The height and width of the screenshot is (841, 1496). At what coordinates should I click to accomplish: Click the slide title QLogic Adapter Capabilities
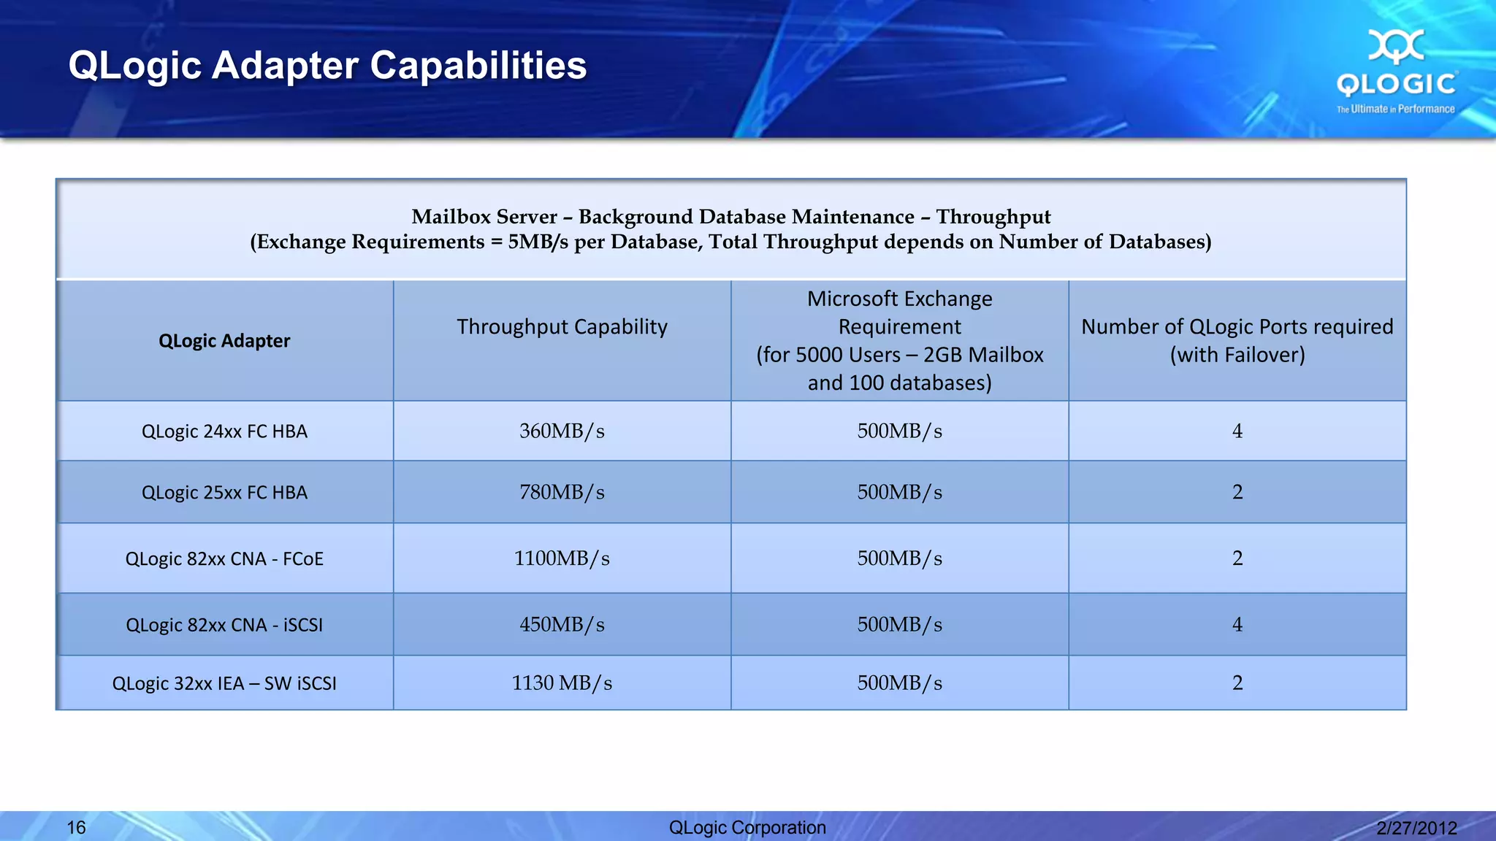(x=327, y=66)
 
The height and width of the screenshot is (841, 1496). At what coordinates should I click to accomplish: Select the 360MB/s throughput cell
(x=562, y=431)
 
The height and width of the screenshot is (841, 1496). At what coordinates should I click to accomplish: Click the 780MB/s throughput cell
(x=562, y=493)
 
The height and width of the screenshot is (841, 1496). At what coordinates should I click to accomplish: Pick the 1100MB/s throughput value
(x=562, y=558)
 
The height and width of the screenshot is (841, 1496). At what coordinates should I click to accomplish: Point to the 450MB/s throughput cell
(x=562, y=625)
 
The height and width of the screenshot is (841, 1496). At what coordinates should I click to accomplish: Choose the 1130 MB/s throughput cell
(x=562, y=683)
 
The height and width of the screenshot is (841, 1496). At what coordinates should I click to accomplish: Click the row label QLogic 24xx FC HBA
(x=224, y=431)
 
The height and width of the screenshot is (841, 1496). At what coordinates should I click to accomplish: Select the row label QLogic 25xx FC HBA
(x=224, y=493)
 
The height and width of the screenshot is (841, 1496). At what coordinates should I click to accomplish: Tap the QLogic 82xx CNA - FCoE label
(x=224, y=559)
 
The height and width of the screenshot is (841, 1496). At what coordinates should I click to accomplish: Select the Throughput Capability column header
(x=562, y=327)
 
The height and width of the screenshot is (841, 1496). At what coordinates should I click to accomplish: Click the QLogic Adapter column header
(x=224, y=341)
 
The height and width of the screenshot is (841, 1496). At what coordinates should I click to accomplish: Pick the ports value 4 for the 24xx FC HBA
(x=1237, y=431)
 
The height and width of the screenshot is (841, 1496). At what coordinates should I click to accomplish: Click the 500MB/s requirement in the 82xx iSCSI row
(x=899, y=625)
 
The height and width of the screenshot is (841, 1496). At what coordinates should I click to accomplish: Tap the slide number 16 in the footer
(x=76, y=827)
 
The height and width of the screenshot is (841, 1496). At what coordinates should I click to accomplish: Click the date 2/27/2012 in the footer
(x=1416, y=828)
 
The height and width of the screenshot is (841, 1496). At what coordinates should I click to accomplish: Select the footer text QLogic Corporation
(x=747, y=827)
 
